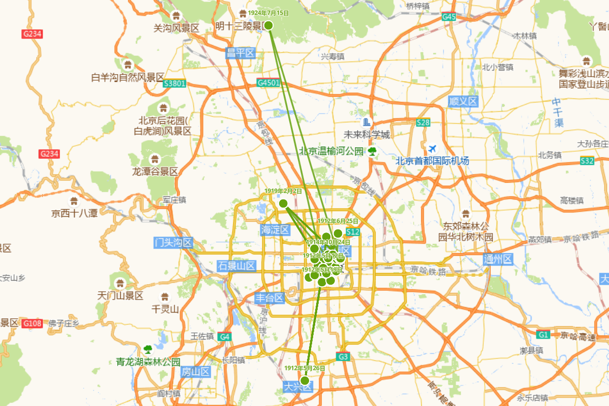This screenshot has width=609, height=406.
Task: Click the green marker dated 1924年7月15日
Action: pos(268,25)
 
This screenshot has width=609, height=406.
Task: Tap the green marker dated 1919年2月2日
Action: pos(283,203)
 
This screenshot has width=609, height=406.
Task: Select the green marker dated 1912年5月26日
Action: pos(305,380)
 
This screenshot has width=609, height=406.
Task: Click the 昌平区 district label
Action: pos(240,53)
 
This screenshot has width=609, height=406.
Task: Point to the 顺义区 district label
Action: pos(463,101)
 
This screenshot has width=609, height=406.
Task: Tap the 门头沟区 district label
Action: pos(174,243)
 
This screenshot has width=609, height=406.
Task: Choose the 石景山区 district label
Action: pos(236,265)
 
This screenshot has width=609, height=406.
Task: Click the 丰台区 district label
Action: pos(269,298)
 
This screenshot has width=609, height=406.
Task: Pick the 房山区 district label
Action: pos(195,372)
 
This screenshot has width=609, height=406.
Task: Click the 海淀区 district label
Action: pos(275,230)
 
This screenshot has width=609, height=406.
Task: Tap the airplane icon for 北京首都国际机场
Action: pos(432,149)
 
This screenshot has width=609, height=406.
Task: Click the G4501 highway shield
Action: pos(268,83)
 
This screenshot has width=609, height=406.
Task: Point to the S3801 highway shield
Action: pos(175,83)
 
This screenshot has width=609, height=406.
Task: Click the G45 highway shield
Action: pos(449,17)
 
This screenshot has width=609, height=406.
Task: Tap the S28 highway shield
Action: pos(423,122)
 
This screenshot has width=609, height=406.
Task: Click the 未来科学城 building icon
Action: pos(366,122)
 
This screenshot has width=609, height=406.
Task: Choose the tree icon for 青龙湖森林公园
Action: pos(148,350)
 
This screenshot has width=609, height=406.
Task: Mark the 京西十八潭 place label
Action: pos(74,213)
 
